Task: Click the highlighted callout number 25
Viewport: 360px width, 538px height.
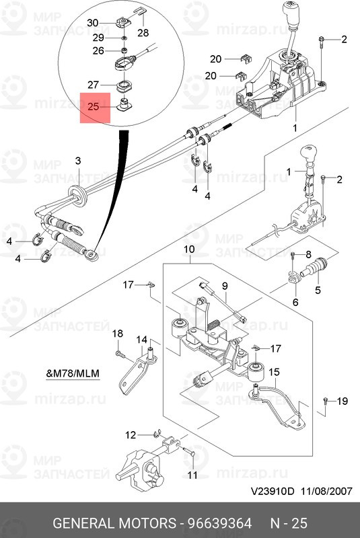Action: pyautogui.click(x=94, y=106)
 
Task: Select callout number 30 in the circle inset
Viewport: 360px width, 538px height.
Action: pyautogui.click(x=93, y=22)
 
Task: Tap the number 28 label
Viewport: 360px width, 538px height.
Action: pyautogui.click(x=143, y=32)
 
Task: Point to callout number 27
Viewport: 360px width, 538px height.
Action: pyautogui.click(x=94, y=85)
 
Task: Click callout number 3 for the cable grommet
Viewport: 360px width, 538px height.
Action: pyautogui.click(x=78, y=161)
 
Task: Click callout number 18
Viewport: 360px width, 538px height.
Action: pyautogui.click(x=118, y=334)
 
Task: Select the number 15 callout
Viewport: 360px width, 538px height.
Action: pyautogui.click(x=274, y=372)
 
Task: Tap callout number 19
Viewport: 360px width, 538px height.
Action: pyautogui.click(x=342, y=401)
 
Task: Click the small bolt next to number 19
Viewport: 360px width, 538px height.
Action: pyautogui.click(x=326, y=401)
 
